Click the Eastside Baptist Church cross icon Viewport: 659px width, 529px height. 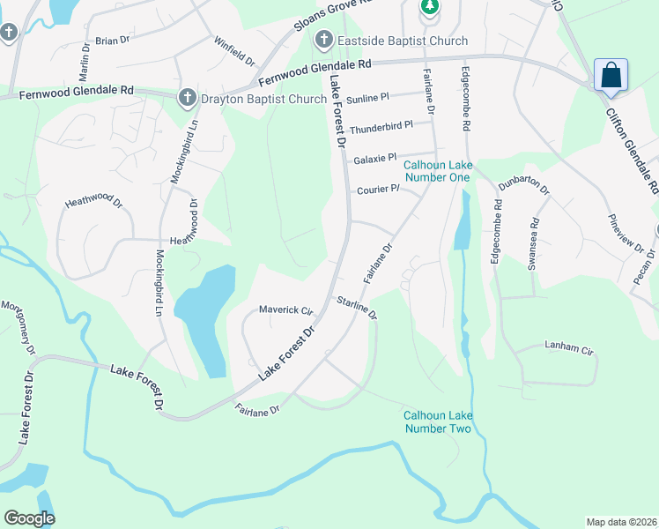[323, 40]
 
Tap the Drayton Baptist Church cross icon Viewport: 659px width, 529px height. [187, 98]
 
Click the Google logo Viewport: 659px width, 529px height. [29, 518]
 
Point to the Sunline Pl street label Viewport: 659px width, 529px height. [367, 98]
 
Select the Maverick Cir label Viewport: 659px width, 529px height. [286, 309]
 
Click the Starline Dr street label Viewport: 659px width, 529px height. [357, 308]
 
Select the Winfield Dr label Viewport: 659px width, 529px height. [234, 52]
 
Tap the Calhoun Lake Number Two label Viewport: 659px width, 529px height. [438, 421]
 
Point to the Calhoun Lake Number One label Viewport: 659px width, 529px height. [438, 171]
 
